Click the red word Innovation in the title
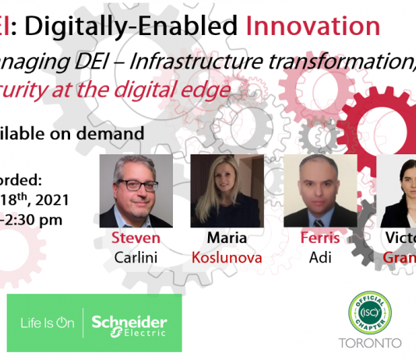(x=312, y=26)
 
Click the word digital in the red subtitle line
(x=157, y=90)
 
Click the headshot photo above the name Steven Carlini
(x=136, y=191)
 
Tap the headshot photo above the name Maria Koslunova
(x=215, y=191)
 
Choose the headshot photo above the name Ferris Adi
(x=320, y=191)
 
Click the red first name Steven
(x=136, y=238)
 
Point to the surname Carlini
(x=136, y=256)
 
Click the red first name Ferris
(x=320, y=238)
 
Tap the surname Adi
(x=320, y=256)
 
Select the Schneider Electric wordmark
(x=129, y=323)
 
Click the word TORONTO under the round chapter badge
(x=370, y=343)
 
